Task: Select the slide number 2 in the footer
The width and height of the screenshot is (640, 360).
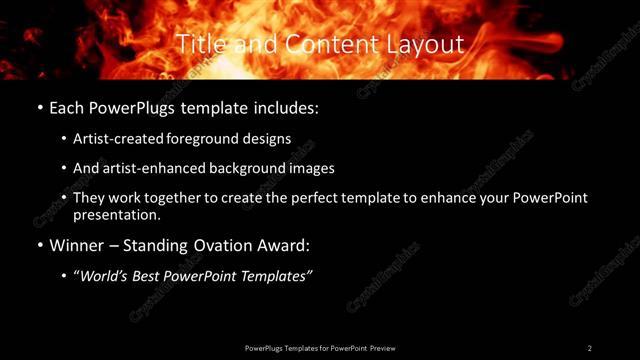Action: [x=590, y=347]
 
